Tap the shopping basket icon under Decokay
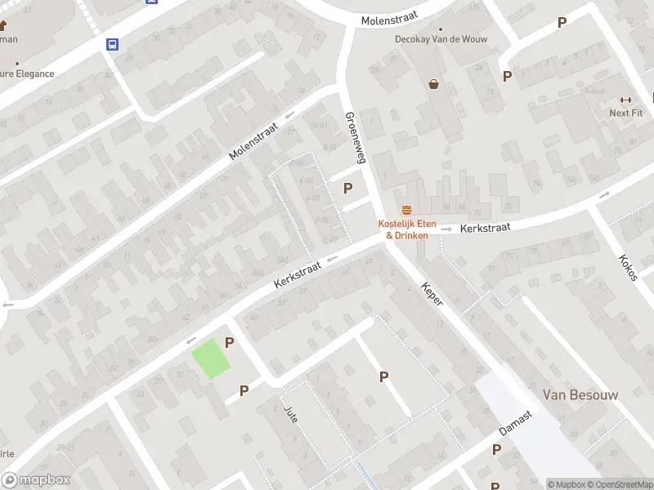coord(433,83)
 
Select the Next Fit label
coord(625,113)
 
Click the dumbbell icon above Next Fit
coord(626,100)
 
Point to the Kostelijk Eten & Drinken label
coord(406,229)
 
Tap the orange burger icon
coord(406,211)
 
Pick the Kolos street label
coord(628,267)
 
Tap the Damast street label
coord(516,423)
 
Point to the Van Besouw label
coord(580,394)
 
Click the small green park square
coord(211,359)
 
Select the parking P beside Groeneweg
coord(348,188)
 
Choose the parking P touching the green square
coord(230,343)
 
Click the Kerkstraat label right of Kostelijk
coord(485,229)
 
